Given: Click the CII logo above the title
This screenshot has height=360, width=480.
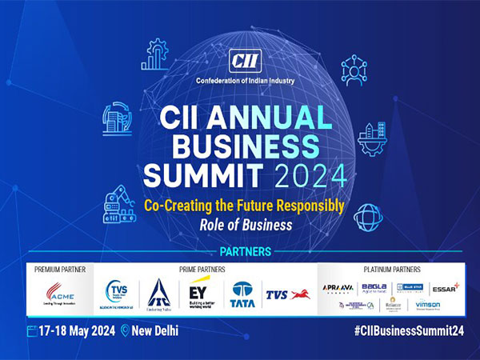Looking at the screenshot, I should (240, 61).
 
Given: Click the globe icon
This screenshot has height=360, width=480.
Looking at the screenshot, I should (367, 215).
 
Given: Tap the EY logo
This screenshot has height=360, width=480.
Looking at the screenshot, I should (201, 290).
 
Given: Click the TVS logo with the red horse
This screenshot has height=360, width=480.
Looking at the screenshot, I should (288, 294).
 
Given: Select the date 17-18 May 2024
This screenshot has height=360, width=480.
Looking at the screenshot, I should (77, 330).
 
